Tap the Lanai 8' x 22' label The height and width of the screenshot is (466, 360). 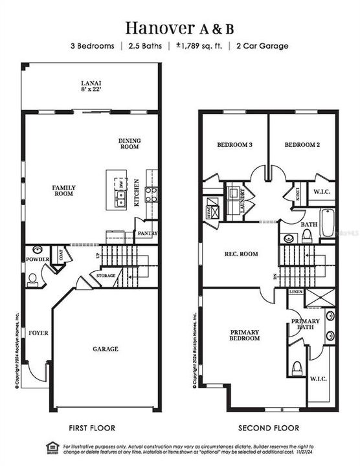click(x=91, y=85)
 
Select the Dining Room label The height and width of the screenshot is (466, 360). click(x=129, y=144)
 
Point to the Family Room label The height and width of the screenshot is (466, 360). click(x=64, y=190)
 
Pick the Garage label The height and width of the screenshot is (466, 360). click(x=105, y=349)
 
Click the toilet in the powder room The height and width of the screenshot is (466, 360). click(x=33, y=279)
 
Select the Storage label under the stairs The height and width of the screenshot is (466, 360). click(x=106, y=276)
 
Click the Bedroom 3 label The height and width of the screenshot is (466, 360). click(x=234, y=145)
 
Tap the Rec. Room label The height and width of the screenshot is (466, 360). click(x=240, y=254)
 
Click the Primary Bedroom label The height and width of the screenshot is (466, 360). click(x=245, y=335)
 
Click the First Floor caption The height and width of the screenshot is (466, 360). click(x=92, y=428)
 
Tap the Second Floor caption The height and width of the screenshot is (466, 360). click(x=268, y=428)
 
